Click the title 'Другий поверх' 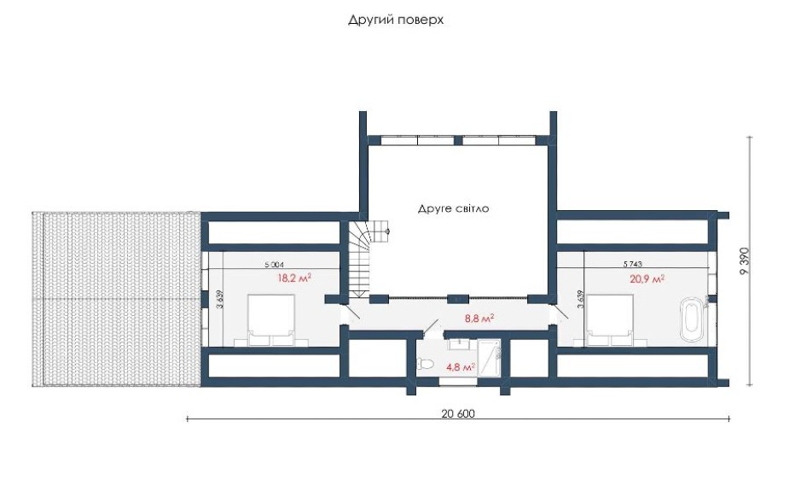395,20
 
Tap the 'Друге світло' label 453,208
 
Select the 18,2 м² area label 294,278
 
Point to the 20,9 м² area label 647,279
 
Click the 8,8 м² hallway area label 479,319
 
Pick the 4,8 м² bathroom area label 461,367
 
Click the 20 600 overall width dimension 458,413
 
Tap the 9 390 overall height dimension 744,261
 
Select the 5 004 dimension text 274,265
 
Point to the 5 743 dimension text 632,264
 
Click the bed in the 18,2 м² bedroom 271,319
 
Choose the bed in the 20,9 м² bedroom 610,319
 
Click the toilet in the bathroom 426,365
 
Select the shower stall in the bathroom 491,358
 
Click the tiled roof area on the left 116,299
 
